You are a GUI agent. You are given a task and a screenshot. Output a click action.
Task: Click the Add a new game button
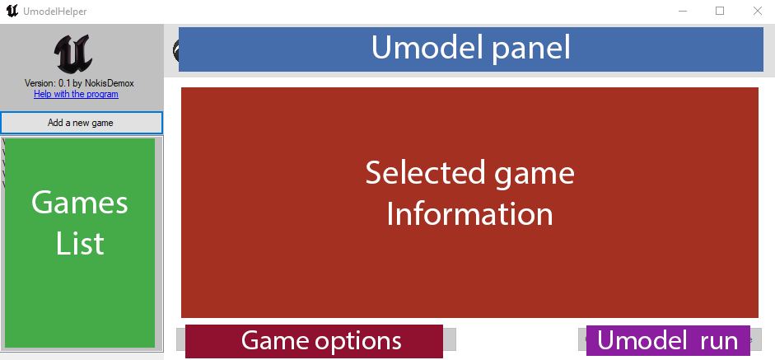coord(81,123)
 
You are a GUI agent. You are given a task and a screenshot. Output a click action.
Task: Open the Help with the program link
coord(76,94)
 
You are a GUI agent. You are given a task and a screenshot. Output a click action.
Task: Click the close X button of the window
coord(757,11)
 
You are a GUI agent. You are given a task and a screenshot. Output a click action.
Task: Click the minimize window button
coord(683,11)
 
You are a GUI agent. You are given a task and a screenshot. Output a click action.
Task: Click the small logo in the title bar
coord(12,11)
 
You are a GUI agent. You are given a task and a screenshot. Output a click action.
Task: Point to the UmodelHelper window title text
coord(55,12)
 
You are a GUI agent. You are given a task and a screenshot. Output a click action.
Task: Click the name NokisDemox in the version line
coord(111,83)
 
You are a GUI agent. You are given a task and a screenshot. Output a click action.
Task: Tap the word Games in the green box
coord(80,203)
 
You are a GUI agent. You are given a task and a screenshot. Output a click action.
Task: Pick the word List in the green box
coord(80,243)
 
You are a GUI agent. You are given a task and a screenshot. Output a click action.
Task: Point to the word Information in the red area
coord(469,214)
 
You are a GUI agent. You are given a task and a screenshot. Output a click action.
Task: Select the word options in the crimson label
coord(358,340)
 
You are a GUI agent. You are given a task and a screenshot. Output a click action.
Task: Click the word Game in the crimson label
coord(273,340)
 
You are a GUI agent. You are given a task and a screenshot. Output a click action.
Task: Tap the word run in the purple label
coord(719,340)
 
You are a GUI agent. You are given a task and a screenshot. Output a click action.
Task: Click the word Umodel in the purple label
coord(643,340)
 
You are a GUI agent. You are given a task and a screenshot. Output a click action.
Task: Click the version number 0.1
coord(63,83)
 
